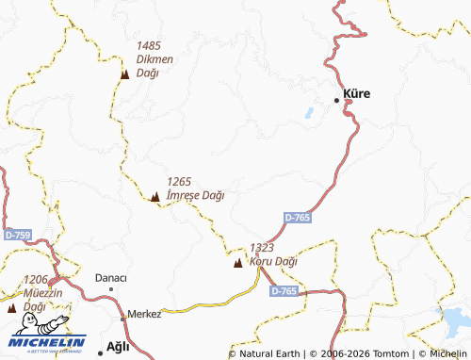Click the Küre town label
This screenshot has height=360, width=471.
tap(357, 94)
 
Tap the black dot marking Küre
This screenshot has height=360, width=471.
tap(337, 100)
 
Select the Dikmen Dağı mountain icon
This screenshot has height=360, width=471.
tap(124, 74)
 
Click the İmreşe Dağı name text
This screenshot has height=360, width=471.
tap(195, 196)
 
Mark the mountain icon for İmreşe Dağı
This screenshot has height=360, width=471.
tap(154, 196)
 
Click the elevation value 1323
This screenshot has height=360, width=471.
tap(262, 247)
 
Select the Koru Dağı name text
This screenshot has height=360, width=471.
tap(273, 261)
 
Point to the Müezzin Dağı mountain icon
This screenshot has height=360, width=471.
tap(11, 307)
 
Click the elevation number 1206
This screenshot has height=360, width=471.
tap(36, 279)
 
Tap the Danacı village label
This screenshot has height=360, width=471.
tap(111, 278)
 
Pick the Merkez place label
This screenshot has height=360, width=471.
tap(144, 314)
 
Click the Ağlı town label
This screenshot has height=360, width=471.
tap(119, 346)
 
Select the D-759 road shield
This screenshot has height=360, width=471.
tap(17, 234)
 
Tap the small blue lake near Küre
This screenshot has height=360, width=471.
tap(307, 114)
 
